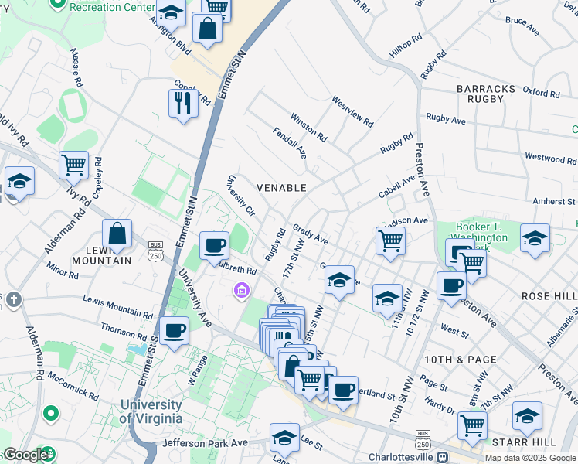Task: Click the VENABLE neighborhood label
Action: [x=281, y=188]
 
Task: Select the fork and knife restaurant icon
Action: [x=182, y=103]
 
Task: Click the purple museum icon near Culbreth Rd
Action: [x=242, y=291]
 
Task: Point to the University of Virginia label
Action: [x=151, y=411]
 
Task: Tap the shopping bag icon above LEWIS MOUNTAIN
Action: [x=117, y=233]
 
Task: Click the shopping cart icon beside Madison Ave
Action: [x=391, y=241]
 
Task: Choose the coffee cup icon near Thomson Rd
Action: [x=175, y=330]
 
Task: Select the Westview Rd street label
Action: [x=352, y=111]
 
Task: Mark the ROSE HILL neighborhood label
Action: [x=549, y=296]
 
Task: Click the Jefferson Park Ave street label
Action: [x=205, y=444]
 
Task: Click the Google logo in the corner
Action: [x=25, y=455]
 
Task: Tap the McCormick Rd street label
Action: [x=73, y=384]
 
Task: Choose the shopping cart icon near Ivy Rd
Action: [x=73, y=164]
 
